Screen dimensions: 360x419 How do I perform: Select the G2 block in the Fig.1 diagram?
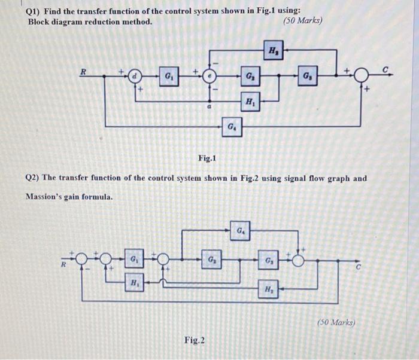tap(248, 77)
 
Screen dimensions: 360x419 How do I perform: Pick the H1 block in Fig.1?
tap(248, 102)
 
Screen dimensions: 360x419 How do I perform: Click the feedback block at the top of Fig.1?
tap(274, 50)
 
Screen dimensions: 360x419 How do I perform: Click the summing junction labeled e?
tap(208, 77)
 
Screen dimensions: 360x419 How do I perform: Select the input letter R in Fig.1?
tap(84, 71)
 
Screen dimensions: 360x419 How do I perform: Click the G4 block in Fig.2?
tap(240, 229)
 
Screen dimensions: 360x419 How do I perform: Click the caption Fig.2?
tap(194, 340)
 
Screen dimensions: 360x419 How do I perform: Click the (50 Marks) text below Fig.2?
tap(335, 322)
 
